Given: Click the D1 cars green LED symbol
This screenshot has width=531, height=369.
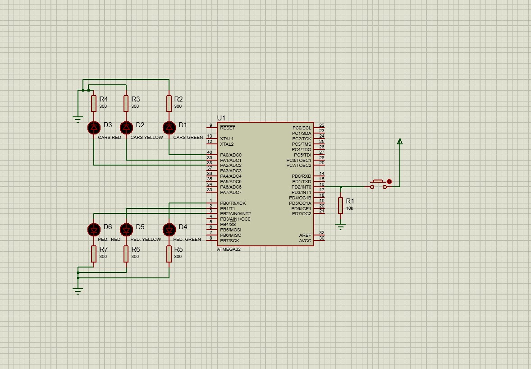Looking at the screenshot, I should pos(169,128).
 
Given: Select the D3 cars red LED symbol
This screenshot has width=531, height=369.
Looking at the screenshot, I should pos(93,128).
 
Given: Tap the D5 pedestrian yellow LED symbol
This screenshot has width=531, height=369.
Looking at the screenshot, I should pos(126,230).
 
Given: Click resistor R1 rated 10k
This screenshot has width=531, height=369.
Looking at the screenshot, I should pos(341,205).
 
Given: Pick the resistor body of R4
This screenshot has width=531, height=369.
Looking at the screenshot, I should pos(93,103).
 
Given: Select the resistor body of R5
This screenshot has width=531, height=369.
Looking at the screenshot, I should pos(169,254).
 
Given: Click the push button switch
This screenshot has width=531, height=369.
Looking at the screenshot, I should pos(379,184).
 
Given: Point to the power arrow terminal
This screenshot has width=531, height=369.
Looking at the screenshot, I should pos(399,142).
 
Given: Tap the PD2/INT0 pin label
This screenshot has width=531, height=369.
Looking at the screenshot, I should pos(301,187).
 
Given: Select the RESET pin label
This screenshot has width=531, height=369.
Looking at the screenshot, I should pos(227,128).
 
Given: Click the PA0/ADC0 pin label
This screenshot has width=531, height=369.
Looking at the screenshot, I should pos(230,155).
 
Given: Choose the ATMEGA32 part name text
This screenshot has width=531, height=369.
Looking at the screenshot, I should pos(229,249).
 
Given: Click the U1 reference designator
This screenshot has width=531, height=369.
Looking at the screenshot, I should pos(221,118).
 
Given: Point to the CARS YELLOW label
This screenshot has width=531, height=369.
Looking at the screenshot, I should pos(146,138).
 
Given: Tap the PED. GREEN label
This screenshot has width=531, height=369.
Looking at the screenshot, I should pos(187,240).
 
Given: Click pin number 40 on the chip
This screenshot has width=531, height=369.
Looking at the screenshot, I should pos(210,152).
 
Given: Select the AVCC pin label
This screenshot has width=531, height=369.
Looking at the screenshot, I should pos(305,240).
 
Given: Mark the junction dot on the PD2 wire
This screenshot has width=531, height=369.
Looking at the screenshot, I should pos(341,187).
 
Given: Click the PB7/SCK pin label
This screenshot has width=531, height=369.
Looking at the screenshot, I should pos(230,240).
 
